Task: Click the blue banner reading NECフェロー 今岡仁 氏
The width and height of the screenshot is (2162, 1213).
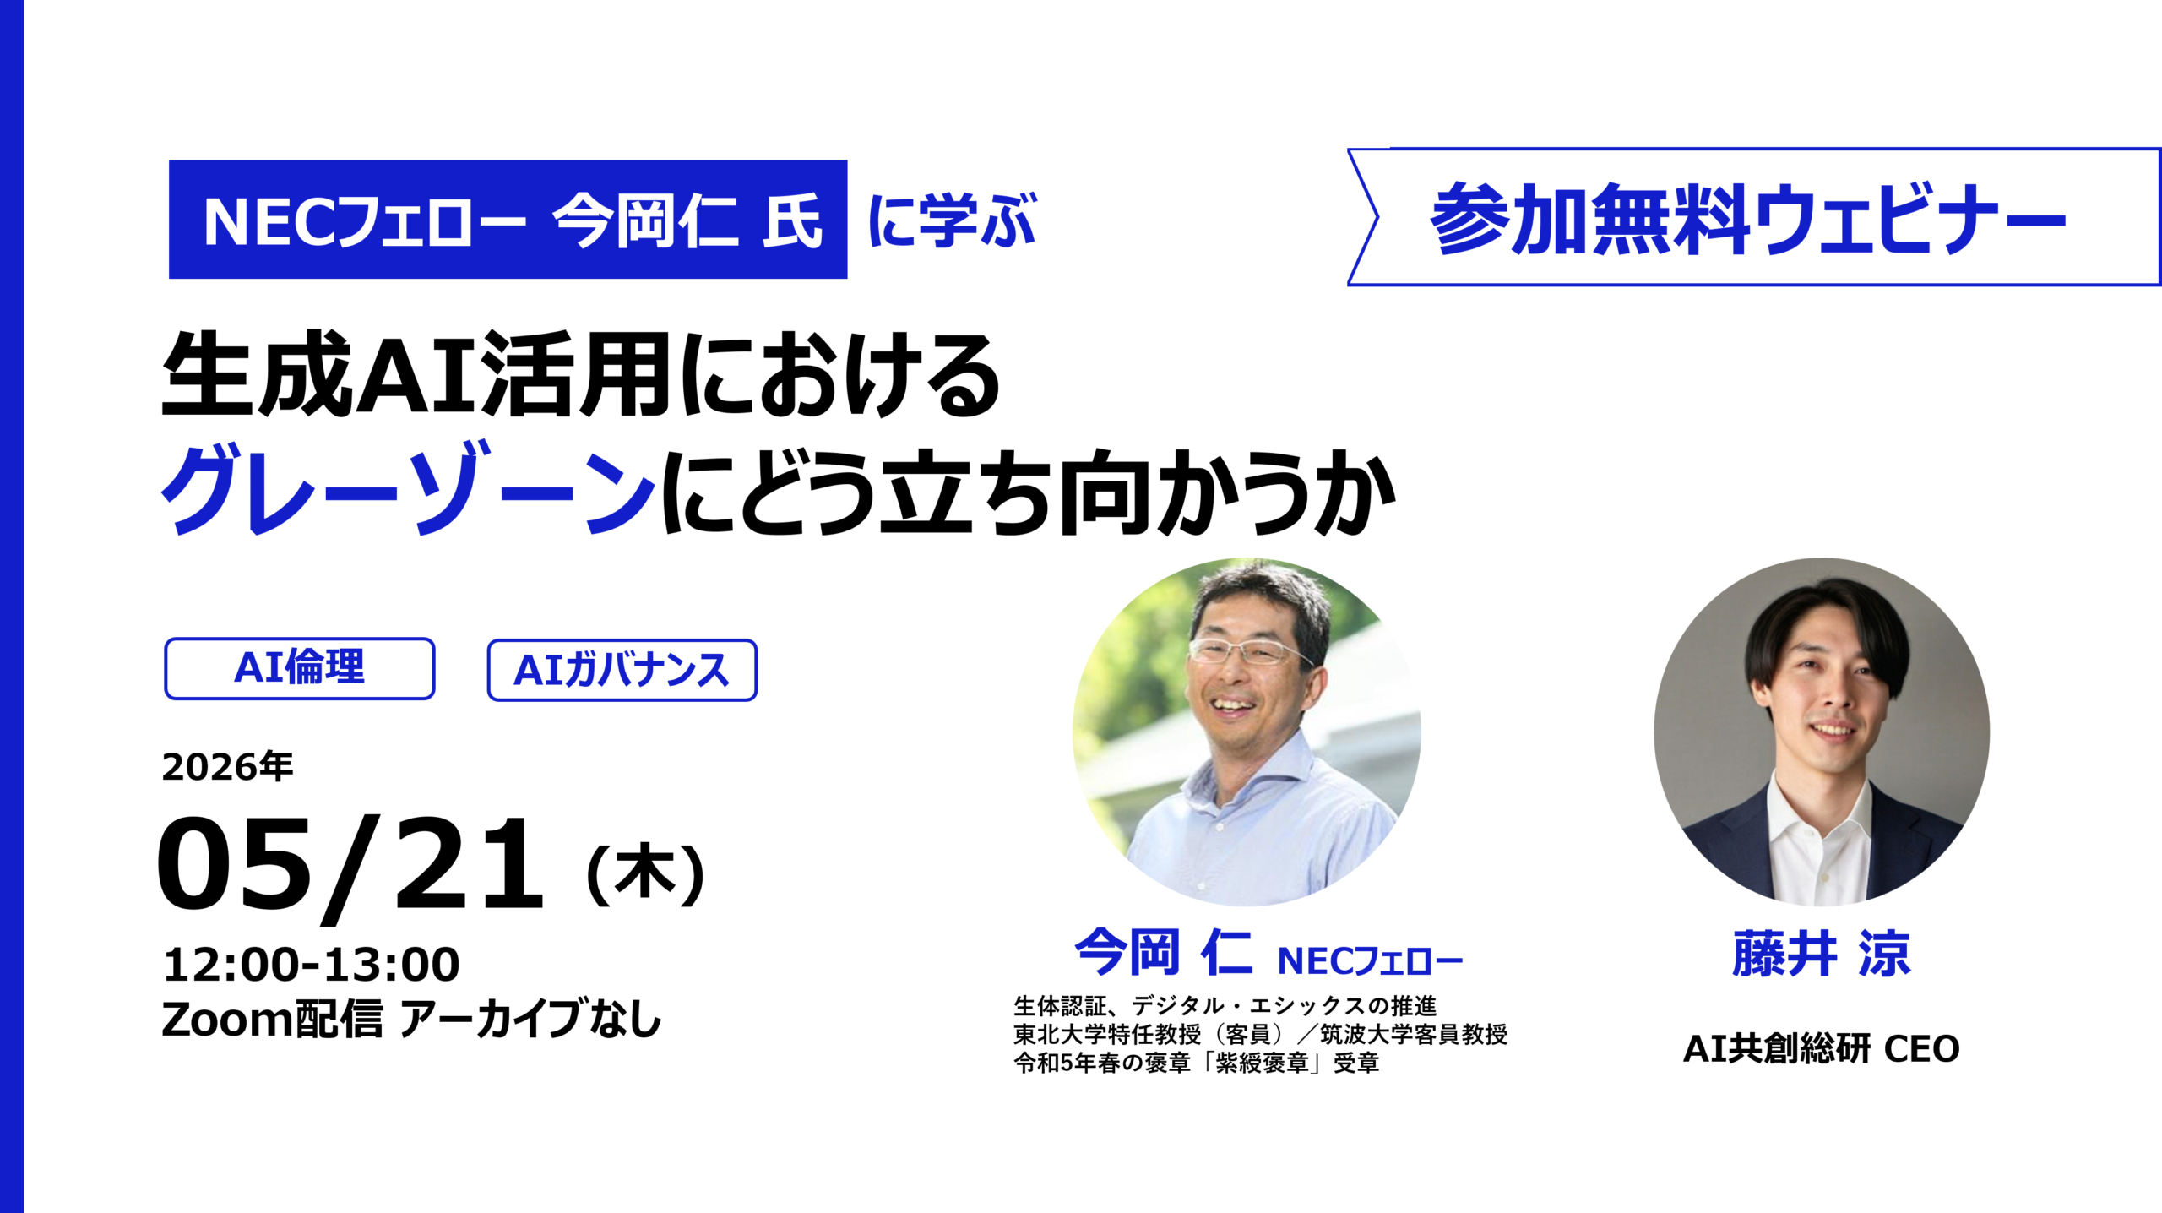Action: pos(508,220)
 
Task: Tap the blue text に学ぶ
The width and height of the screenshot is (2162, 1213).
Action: pos(951,220)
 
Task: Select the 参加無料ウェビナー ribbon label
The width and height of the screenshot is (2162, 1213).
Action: pos(1748,219)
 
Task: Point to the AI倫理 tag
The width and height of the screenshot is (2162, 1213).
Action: pos(299,668)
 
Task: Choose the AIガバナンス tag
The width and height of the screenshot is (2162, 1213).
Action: pos(622,671)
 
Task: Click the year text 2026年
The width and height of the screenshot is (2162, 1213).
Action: pos(227,767)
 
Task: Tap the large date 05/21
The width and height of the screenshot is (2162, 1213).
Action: pos(350,865)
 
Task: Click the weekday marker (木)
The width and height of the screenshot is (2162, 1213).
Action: pos(645,875)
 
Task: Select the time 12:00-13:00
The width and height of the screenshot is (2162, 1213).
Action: pos(312,965)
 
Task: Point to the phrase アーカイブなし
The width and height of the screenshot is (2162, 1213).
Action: pos(530,1019)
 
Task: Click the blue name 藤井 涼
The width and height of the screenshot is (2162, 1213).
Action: pos(1821,955)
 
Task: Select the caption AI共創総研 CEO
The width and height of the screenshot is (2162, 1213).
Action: pos(1821,1049)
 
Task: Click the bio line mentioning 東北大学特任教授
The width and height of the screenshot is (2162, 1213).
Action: pos(1260,1035)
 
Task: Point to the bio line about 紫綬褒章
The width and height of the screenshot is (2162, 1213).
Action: pos(1196,1063)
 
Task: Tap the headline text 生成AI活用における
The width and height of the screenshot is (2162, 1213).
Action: pos(581,374)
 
